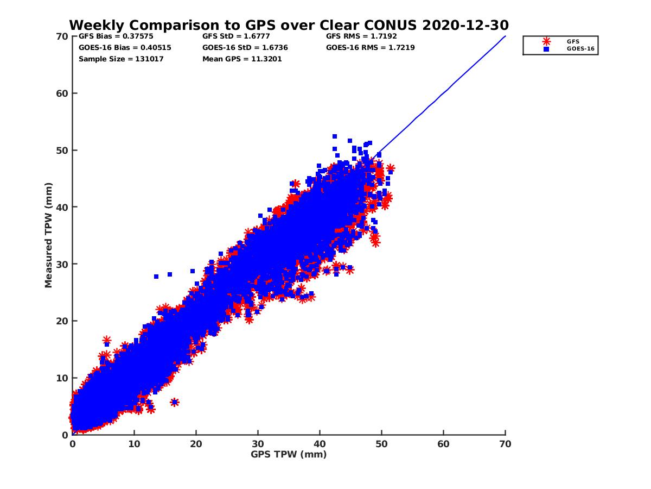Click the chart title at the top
coord(289,25)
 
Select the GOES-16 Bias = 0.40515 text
coord(125,47)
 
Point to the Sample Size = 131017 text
coord(121,59)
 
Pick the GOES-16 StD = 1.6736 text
coord(245,47)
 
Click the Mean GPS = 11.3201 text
coord(242,59)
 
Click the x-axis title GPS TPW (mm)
coord(289,454)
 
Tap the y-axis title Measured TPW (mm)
coord(49,235)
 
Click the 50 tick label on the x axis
coord(381,444)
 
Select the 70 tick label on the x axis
coord(505,444)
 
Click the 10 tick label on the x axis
coord(134,444)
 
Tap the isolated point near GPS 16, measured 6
coord(174,402)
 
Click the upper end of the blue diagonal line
coord(505,36)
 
